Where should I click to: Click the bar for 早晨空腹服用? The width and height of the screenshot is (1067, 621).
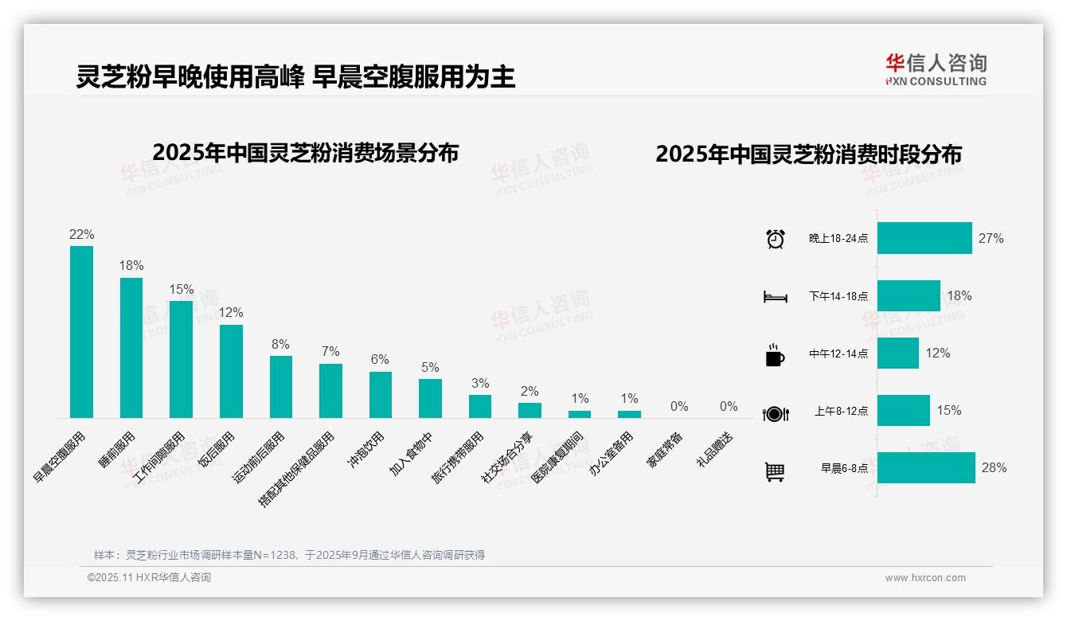coord(81,331)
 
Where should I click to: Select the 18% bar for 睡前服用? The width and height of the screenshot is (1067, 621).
coord(131,347)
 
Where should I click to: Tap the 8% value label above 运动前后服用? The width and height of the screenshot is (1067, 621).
coord(280,345)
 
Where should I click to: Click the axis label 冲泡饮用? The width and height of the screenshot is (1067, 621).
coord(365,451)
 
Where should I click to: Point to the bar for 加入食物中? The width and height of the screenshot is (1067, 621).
coord(430,398)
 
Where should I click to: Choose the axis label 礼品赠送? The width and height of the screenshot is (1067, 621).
coord(714,451)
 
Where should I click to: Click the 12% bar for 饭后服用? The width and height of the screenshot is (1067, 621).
coord(231,371)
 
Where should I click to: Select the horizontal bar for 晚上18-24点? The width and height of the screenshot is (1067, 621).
coord(924,238)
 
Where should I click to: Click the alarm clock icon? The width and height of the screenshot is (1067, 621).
coord(775,239)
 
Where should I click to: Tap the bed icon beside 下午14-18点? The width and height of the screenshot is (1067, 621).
coord(775,297)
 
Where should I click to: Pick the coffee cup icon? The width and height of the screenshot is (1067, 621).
coord(775,354)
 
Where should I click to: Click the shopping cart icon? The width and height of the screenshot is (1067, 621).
coord(775,471)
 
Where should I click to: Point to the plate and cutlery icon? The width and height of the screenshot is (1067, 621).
coord(775,413)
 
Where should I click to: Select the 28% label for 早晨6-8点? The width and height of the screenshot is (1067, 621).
coord(994,468)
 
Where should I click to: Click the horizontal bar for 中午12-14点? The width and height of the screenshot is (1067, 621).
coord(898,353)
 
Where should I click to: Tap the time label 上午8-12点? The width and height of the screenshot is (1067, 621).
coord(841,412)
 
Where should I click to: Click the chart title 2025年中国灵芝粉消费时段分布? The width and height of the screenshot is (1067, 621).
coord(808,154)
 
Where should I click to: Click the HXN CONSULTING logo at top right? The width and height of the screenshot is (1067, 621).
coord(936,70)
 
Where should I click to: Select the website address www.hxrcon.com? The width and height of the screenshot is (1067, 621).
coord(925,578)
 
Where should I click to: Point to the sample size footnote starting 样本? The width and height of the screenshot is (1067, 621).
coord(289,555)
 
